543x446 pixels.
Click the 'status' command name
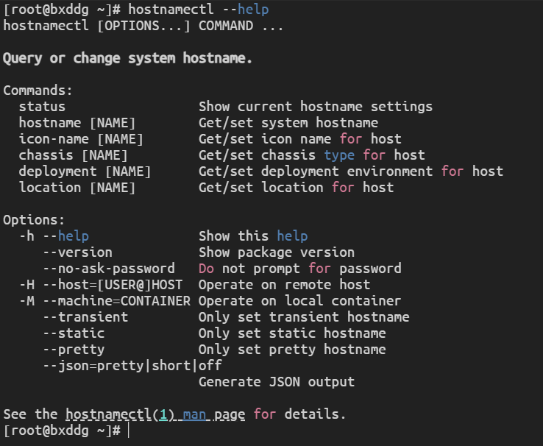click(x=42, y=107)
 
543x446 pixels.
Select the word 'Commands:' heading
click(x=38, y=91)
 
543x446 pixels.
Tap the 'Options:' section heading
click(x=34, y=220)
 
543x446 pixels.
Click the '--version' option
click(x=77, y=252)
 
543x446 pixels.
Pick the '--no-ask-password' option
click(x=109, y=269)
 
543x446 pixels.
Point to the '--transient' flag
click(x=85, y=317)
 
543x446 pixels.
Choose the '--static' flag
click(x=74, y=333)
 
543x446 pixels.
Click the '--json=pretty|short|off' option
click(x=132, y=366)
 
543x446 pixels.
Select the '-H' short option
click(x=27, y=285)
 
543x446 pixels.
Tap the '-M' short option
click(x=27, y=301)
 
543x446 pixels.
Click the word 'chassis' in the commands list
click(x=46, y=155)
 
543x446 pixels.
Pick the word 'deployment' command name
click(x=57, y=171)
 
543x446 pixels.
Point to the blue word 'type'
click(x=339, y=155)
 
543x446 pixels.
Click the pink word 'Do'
click(x=206, y=269)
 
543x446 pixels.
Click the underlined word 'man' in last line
click(x=194, y=414)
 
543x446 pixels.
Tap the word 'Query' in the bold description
click(x=23, y=59)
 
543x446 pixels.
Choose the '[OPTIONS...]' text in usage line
click(x=143, y=26)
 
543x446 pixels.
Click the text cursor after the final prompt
click(x=129, y=431)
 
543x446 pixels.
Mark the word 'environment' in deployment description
click(x=390, y=171)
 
